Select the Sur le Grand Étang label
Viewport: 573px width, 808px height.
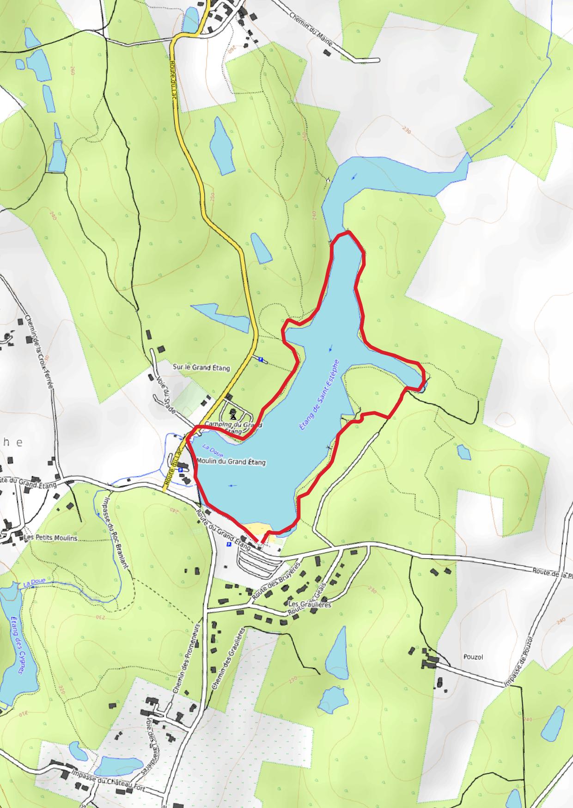coord(207,367)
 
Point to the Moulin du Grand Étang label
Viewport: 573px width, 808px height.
coord(231,461)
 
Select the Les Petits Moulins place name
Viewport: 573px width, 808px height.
coord(50,538)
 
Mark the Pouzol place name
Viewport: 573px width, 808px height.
coord(472,657)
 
